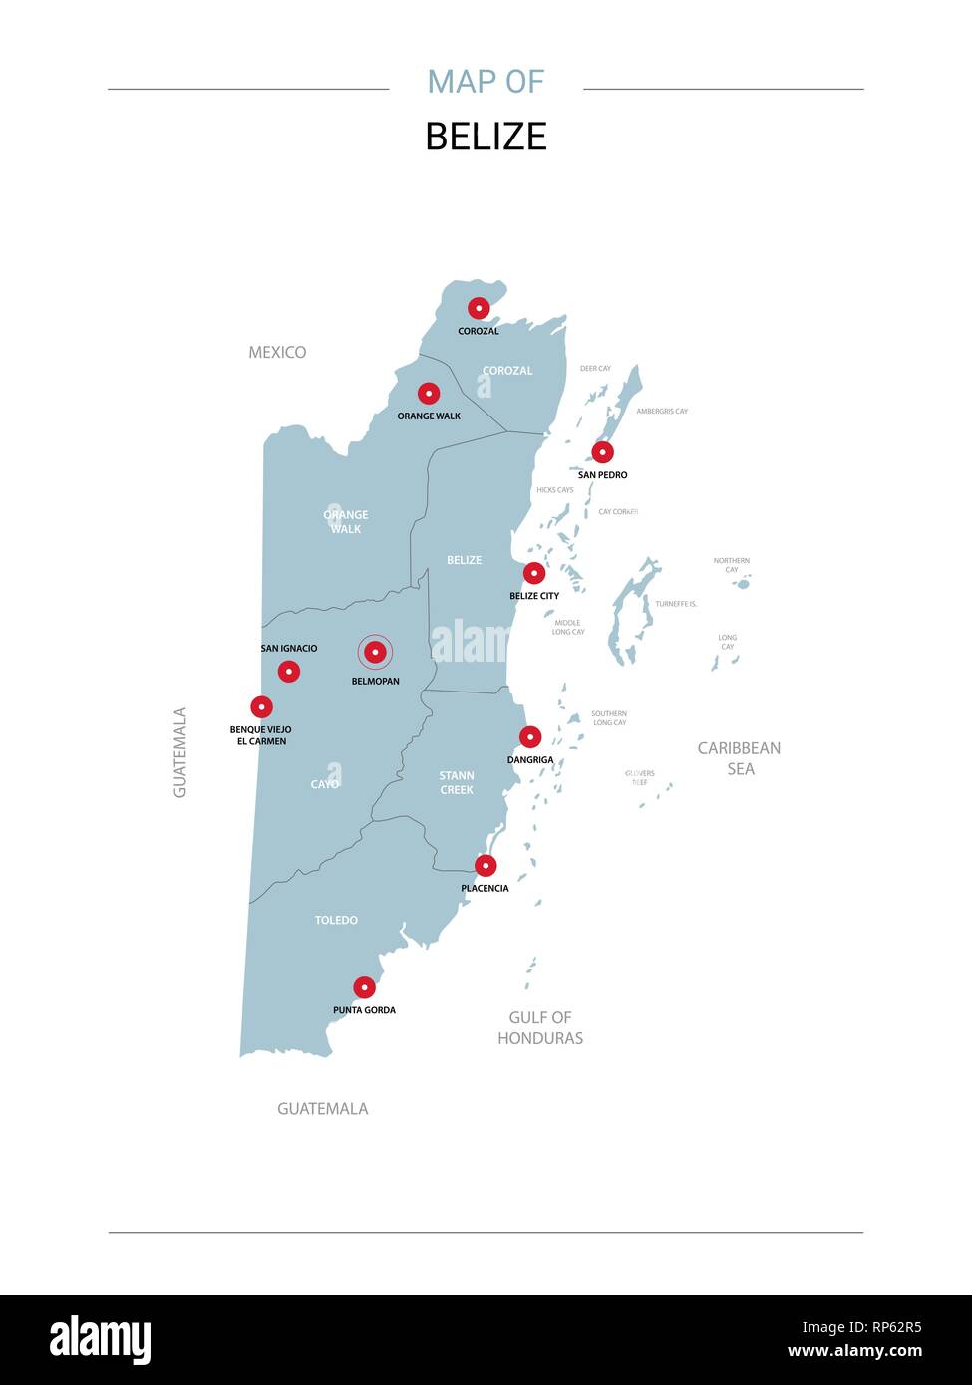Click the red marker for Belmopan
[x=375, y=652]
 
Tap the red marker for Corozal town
[x=479, y=308]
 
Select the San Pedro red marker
[x=602, y=452]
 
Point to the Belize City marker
[x=534, y=573]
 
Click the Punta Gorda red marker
[x=365, y=987]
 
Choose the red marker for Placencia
[x=486, y=865]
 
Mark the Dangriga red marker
[x=530, y=737]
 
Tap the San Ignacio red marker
[x=289, y=671]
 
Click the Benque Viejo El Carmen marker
[x=261, y=707]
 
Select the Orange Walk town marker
[x=429, y=394]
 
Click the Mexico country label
[x=277, y=352]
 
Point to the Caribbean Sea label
[x=739, y=758]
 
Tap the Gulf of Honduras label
[x=540, y=1027]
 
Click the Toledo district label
[x=336, y=920]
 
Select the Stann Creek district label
[x=457, y=782]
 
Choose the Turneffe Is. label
[x=675, y=604]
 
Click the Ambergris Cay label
[x=662, y=411]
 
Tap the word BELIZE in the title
[x=486, y=137]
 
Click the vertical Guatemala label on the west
[x=180, y=752]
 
